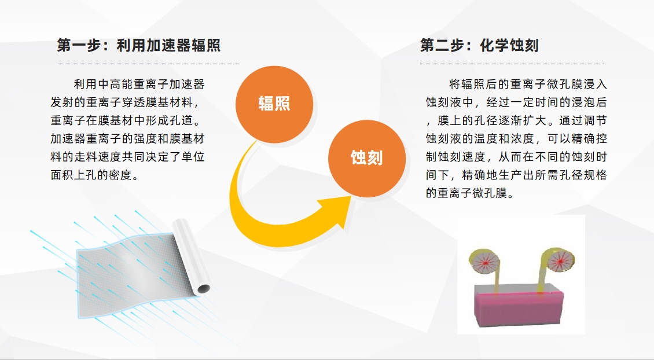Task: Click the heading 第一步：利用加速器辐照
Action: click(x=138, y=45)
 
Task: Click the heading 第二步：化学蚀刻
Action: click(x=479, y=45)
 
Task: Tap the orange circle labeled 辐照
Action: click(x=274, y=104)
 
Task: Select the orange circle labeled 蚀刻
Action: click(x=366, y=158)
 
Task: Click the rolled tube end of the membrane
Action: click(x=203, y=288)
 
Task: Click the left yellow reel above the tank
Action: click(x=484, y=262)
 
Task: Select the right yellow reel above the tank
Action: click(x=560, y=260)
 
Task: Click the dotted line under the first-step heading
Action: click(x=149, y=64)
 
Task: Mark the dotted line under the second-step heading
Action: click(x=512, y=64)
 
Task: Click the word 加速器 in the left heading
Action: click(x=168, y=45)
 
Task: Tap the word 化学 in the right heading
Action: click(x=494, y=45)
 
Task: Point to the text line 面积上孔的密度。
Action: click(x=95, y=175)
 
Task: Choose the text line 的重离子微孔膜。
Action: click(x=470, y=193)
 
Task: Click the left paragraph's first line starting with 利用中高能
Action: click(x=139, y=85)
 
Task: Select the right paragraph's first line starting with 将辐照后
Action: click(x=528, y=85)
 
